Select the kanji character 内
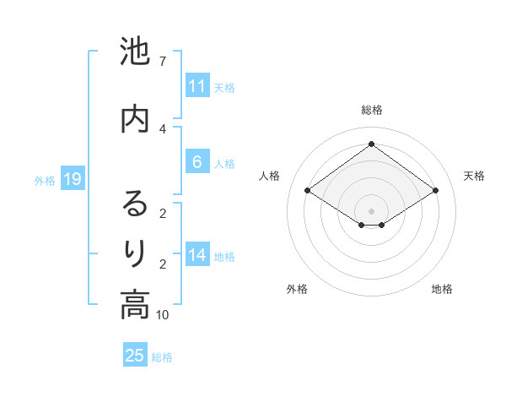135,118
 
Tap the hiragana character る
135,204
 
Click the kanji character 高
135,304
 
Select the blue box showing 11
196,86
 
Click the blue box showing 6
196,162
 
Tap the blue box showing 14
196,255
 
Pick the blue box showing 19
72,179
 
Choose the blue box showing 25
135,356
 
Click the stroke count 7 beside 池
162,62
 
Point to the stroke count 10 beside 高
163,315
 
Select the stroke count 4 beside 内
162,128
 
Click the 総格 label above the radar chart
371,110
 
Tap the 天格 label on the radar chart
474,176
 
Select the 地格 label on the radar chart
442,289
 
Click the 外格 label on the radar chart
297,289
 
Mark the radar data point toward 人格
308,191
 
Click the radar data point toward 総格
371,144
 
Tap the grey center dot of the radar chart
371,209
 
